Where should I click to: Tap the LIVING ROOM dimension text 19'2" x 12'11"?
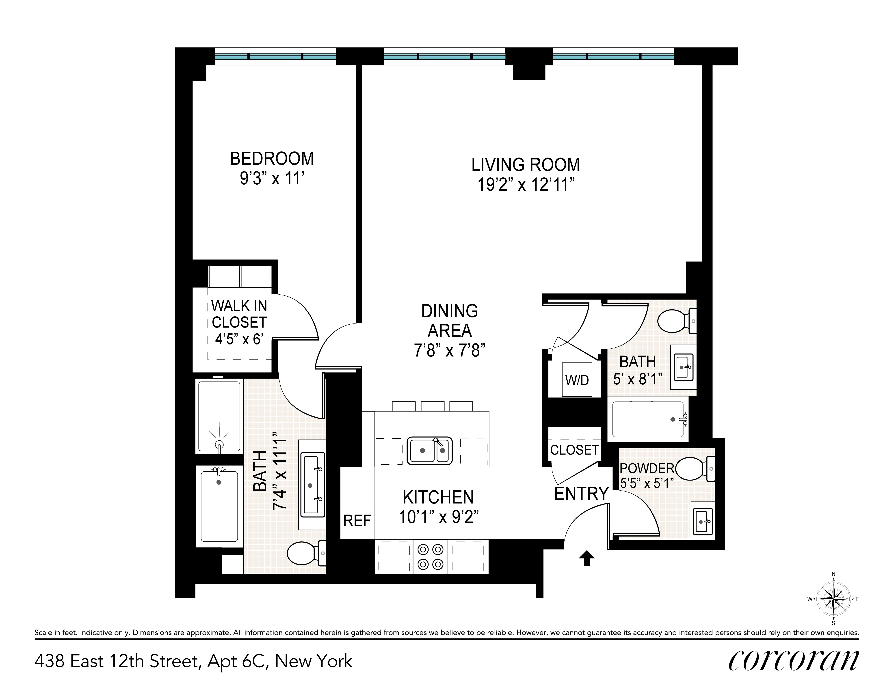(525, 185)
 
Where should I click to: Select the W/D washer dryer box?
(577, 379)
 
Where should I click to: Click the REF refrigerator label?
(357, 521)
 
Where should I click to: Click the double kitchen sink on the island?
(430, 451)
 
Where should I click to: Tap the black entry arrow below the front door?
(586, 558)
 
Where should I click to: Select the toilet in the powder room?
(693, 469)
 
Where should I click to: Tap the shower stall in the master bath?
(219, 416)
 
